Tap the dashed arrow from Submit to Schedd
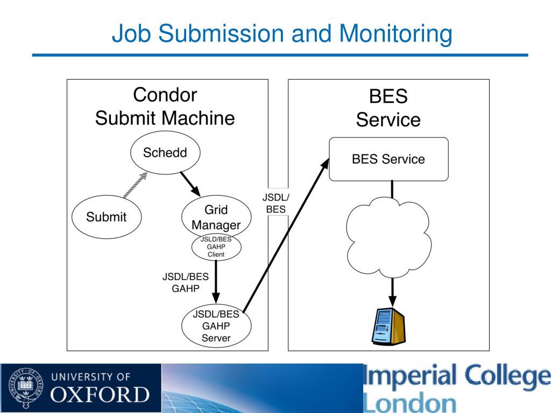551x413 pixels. click(135, 185)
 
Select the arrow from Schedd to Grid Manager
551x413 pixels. click(190, 184)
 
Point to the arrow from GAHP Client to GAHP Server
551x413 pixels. click(216, 282)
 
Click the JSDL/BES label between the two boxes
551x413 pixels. click(276, 203)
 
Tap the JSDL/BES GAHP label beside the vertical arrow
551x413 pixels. click(186, 282)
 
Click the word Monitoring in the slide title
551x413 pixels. click(395, 34)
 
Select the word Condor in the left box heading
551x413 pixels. click(165, 95)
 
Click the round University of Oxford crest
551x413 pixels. click(26, 388)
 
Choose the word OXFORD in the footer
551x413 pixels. click(100, 394)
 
